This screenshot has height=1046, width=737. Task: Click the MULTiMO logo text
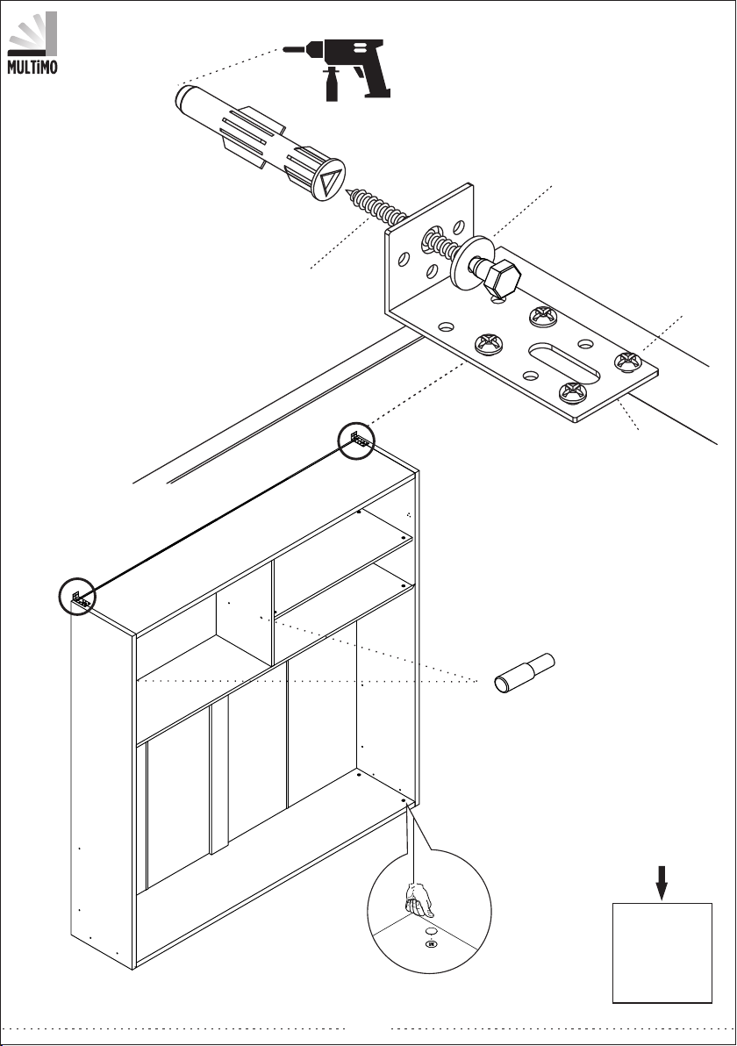[32, 68]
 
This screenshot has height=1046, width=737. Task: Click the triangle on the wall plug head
[330, 179]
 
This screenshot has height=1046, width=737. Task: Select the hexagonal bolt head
[502, 279]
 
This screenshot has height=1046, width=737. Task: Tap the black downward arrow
[661, 883]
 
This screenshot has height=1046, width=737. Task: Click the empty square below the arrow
[662, 953]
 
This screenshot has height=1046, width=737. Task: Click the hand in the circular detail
[419, 899]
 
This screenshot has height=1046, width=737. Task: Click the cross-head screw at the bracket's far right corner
[627, 361]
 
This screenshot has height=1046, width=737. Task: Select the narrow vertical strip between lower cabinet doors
[219, 777]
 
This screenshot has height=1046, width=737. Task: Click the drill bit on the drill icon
[297, 49]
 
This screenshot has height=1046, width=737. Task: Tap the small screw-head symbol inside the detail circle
[431, 943]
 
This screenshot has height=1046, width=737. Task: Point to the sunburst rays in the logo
[31, 32]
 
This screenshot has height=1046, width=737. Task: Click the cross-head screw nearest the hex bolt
[543, 316]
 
